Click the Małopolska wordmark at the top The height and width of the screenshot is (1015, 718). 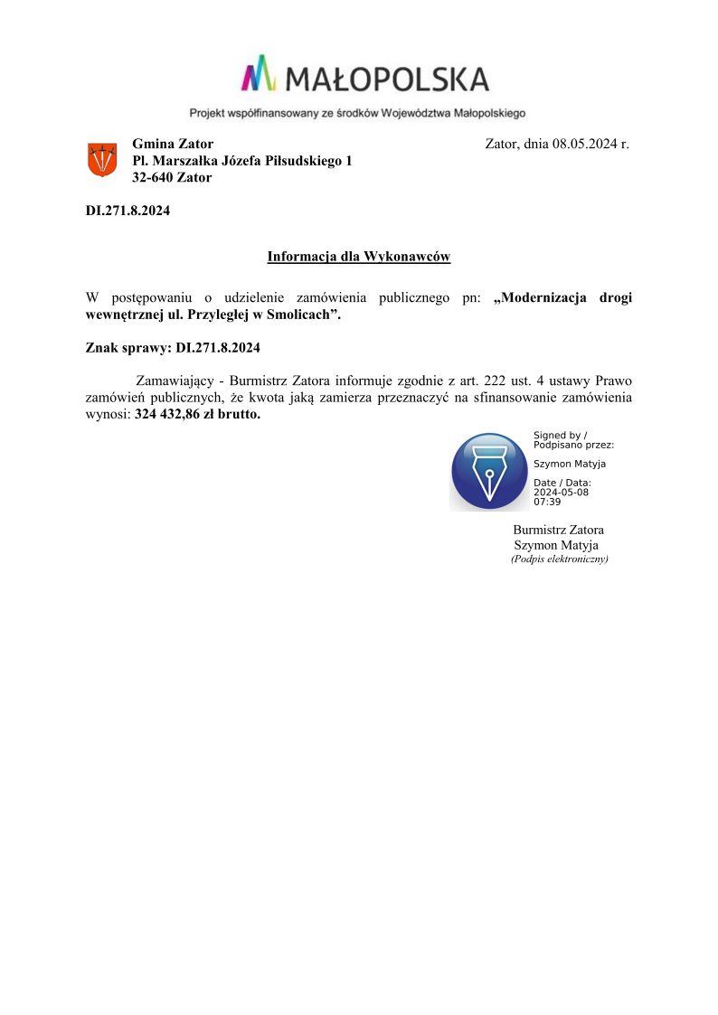[387, 80]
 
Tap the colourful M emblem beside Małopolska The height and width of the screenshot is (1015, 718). [259, 73]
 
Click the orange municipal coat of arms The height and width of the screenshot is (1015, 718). [101, 160]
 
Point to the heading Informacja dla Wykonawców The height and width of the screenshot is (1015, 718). [358, 257]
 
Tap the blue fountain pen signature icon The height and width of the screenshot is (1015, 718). [489, 471]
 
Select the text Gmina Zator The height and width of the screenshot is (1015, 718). [173, 144]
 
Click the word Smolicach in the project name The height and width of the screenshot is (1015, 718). [303, 315]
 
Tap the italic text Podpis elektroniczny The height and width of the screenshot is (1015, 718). [559, 559]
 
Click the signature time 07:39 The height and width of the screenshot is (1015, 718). [547, 502]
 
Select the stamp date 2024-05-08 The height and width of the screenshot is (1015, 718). [561, 493]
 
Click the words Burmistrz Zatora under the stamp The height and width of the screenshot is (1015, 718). [558, 530]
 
